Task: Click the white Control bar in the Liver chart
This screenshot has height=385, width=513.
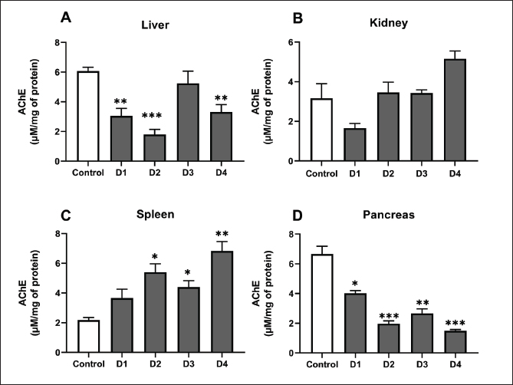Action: pos(89,117)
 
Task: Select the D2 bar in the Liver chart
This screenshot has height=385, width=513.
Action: pos(156,148)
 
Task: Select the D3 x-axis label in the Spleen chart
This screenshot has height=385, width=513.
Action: pos(189,364)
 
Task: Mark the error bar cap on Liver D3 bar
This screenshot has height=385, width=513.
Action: pos(189,71)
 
